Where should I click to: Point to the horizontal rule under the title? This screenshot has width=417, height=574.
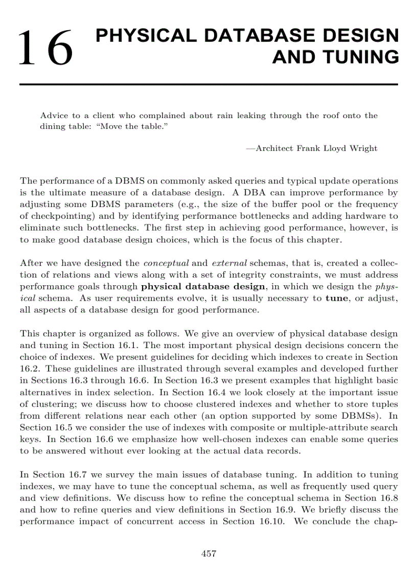pyautogui.click(x=208, y=84)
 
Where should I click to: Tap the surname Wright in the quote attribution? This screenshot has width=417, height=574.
pyautogui.click(x=363, y=148)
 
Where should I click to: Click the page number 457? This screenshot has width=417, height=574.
pyautogui.click(x=208, y=554)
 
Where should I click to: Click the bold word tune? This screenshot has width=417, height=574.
pyautogui.click(x=336, y=299)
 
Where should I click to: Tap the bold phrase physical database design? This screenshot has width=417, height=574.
pyautogui.click(x=203, y=287)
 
